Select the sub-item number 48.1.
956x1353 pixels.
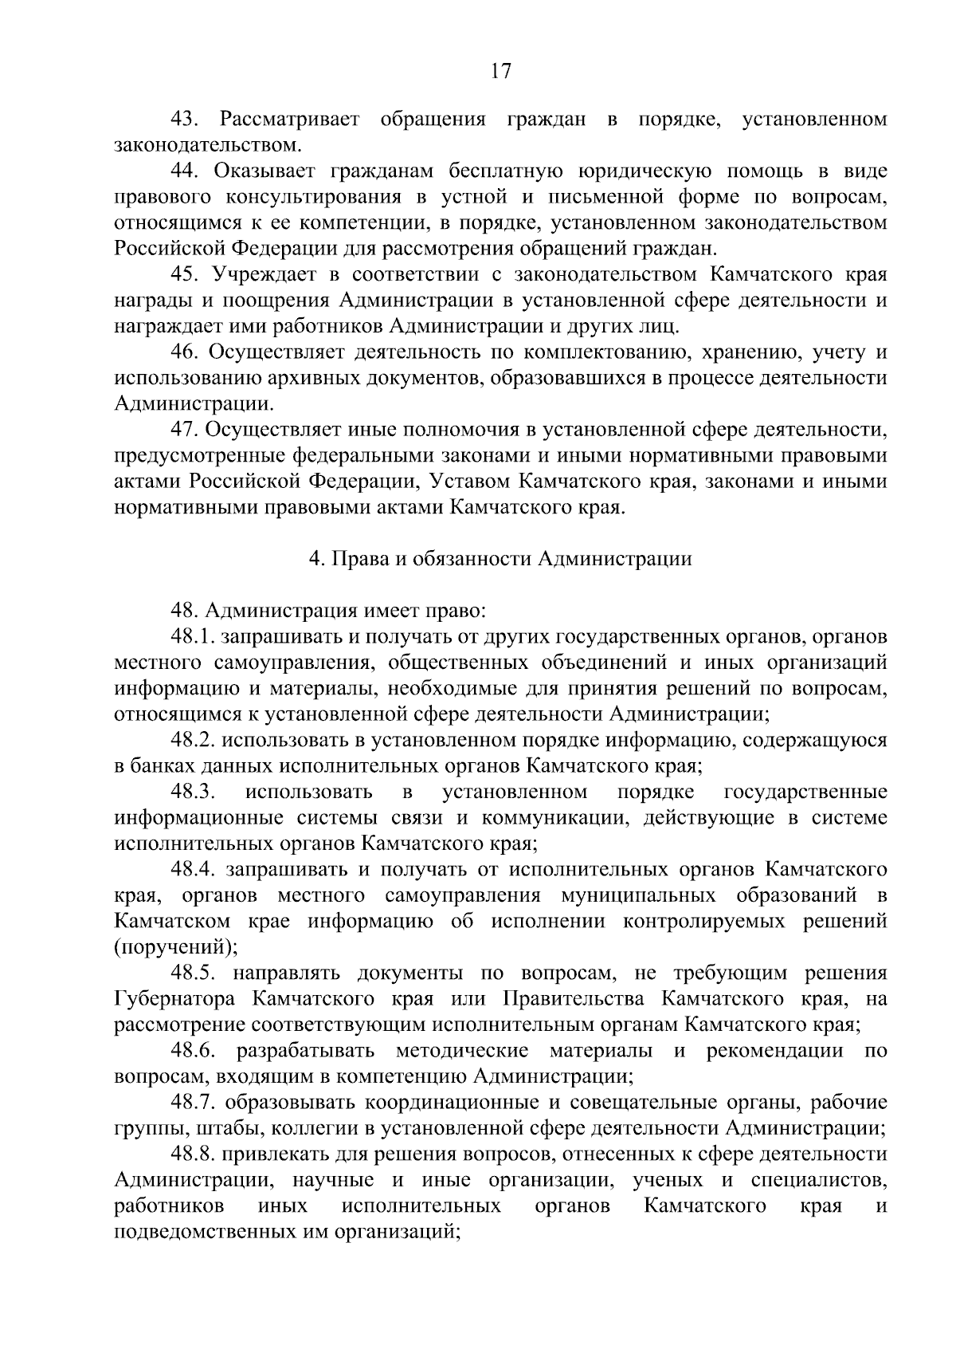point(193,637)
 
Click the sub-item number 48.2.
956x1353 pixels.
point(193,741)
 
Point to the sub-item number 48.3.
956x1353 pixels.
point(193,793)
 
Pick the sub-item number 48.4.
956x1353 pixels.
point(193,870)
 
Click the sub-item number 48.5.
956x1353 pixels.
point(193,973)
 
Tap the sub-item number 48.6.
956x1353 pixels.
point(193,1051)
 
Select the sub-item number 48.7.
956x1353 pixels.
point(193,1103)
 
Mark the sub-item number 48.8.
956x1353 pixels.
point(193,1154)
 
